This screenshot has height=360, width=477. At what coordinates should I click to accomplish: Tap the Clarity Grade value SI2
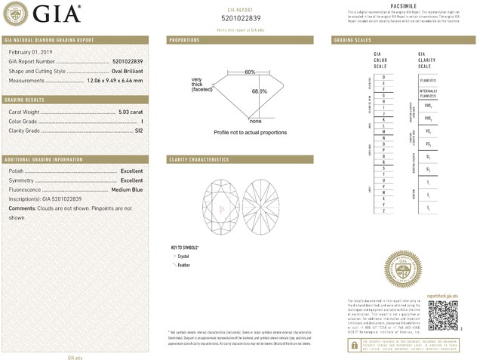138,131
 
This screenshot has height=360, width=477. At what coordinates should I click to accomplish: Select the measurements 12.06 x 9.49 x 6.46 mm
116,80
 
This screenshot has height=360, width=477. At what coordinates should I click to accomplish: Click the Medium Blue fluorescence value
127,189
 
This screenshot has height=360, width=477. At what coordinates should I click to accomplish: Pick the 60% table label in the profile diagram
250,72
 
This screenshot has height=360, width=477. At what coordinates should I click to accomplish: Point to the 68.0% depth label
259,91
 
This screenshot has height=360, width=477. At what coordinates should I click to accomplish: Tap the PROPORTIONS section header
184,39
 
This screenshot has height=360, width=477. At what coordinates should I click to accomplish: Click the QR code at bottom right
443,314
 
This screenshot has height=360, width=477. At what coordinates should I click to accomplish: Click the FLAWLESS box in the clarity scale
428,80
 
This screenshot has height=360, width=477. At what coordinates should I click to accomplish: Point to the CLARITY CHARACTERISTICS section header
198,160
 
